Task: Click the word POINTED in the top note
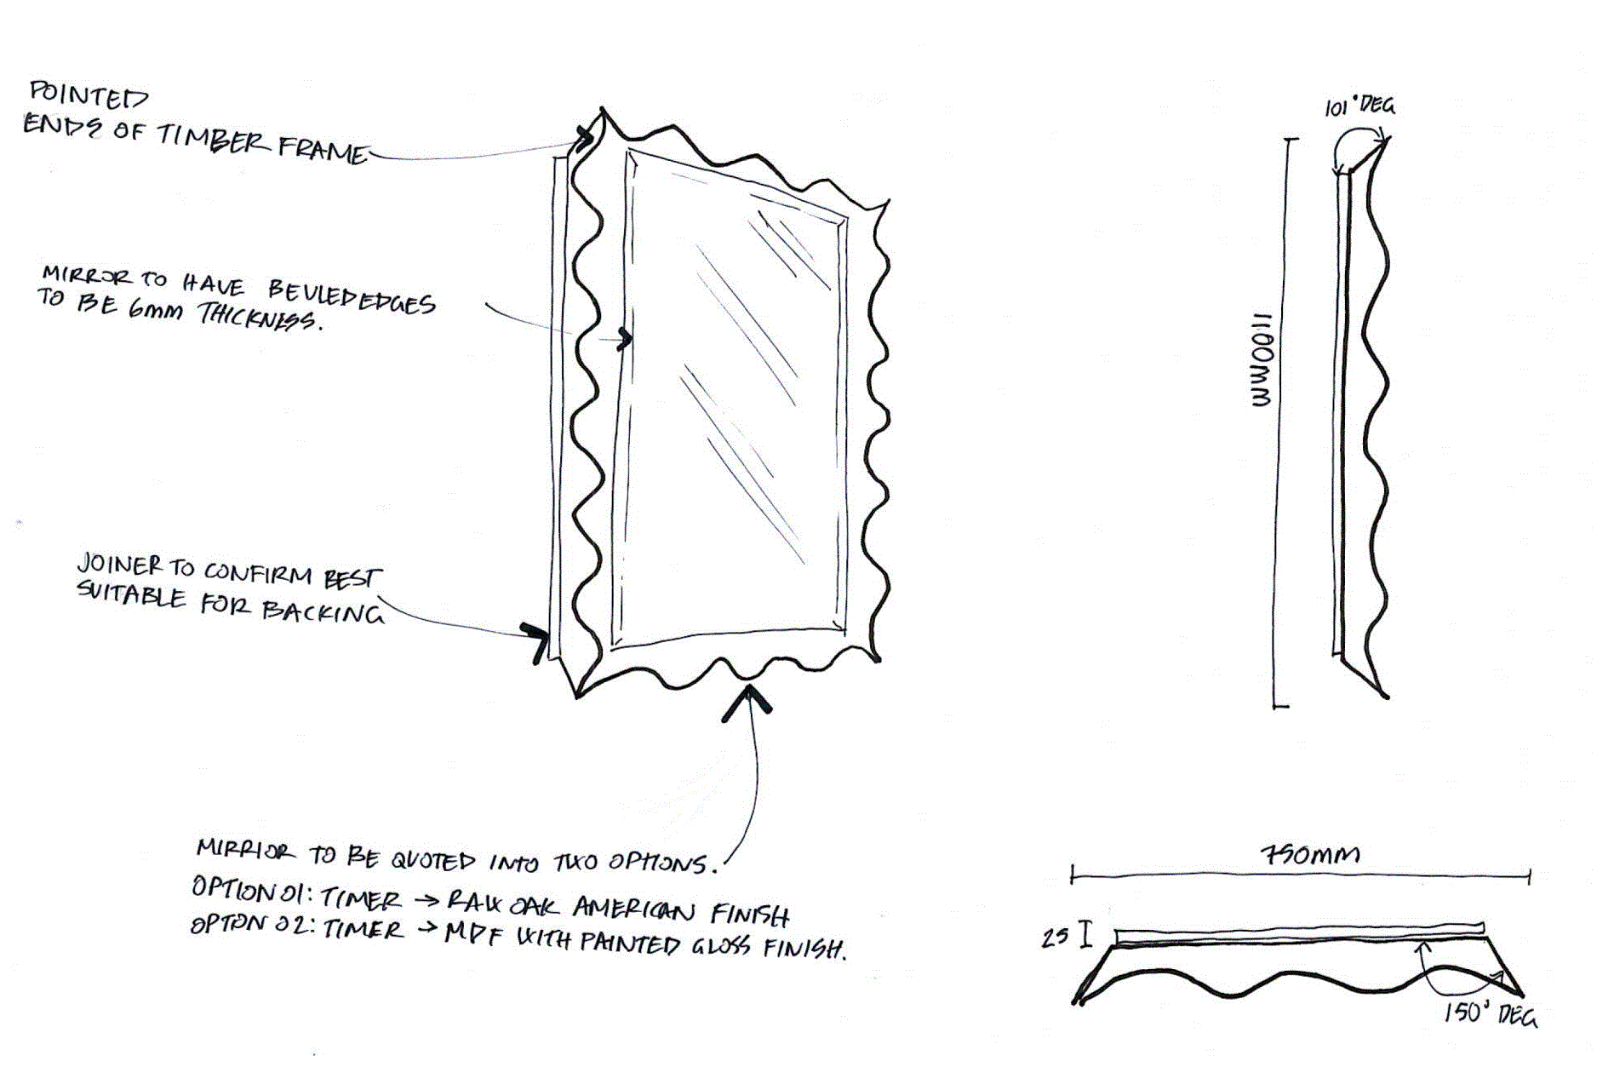point(89,95)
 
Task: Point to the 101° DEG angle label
point(1359,106)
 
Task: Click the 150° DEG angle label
point(1490,1013)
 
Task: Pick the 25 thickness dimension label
point(1055,938)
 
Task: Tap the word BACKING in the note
point(323,611)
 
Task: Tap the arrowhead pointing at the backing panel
point(536,639)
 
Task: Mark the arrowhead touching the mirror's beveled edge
point(626,339)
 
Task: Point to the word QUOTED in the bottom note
point(432,860)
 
